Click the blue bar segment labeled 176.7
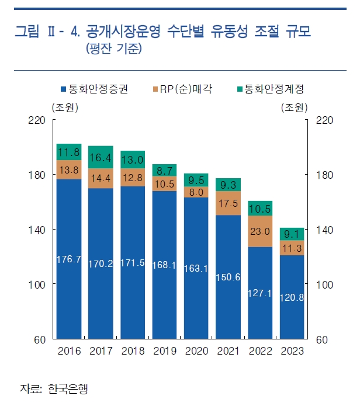click(69, 259)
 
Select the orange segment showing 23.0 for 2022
click(260, 231)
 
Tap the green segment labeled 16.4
click(101, 157)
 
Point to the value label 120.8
click(292, 297)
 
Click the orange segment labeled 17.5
click(229, 203)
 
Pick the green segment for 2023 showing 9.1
click(292, 234)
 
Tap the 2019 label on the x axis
click(164, 351)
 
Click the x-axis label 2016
click(69, 351)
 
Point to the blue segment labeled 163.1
click(196, 269)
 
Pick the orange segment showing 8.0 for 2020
click(196, 192)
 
